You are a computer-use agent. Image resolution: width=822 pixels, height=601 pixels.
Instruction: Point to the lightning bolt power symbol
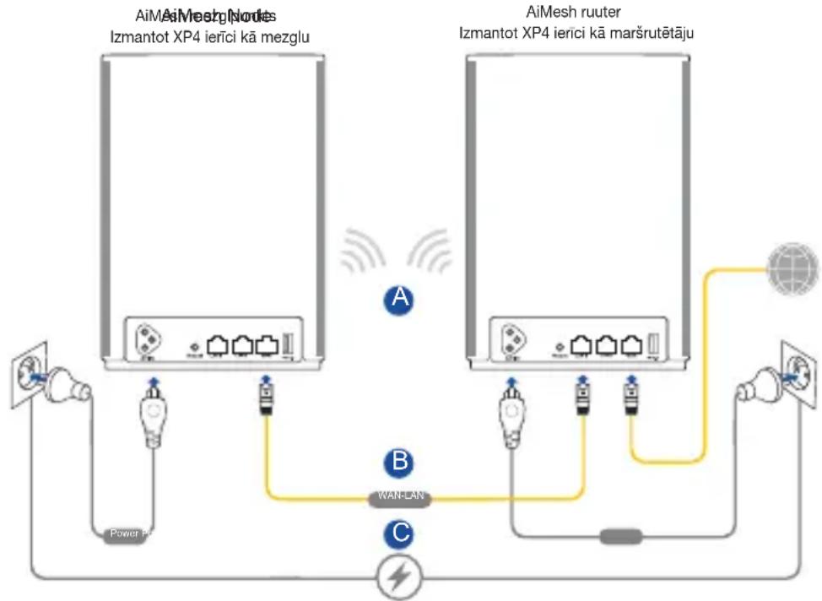pos(399,577)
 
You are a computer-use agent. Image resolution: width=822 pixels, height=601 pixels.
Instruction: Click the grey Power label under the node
pos(127,533)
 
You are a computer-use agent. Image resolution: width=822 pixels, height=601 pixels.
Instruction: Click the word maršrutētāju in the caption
pos(662,35)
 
